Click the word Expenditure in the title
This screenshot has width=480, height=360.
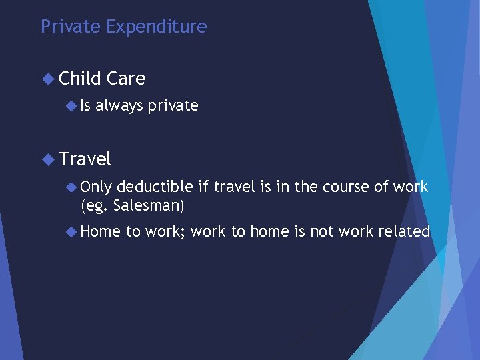click(x=157, y=27)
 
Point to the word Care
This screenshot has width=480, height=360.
click(x=125, y=79)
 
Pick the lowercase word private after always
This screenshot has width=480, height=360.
click(x=173, y=105)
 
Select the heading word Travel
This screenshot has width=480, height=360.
click(x=85, y=159)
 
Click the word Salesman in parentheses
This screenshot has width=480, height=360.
click(x=148, y=206)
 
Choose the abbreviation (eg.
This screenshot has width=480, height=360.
click(x=95, y=206)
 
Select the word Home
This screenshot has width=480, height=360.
click(x=100, y=232)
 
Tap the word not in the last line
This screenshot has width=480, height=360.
click(x=320, y=232)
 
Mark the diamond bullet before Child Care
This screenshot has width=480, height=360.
click(x=47, y=79)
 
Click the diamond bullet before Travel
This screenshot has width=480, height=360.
click(x=47, y=159)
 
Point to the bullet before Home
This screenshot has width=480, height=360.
click(x=72, y=232)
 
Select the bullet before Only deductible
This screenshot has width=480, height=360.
click(x=72, y=187)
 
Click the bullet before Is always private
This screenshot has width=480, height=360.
click(x=72, y=105)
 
